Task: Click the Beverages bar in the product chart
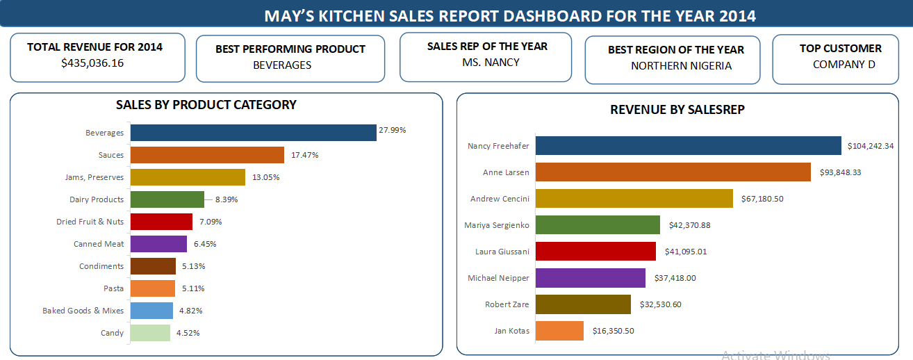pyautogui.click(x=253, y=133)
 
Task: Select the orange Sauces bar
pyautogui.click(x=207, y=155)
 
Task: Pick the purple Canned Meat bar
pyautogui.click(x=158, y=244)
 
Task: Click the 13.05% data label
pyautogui.click(x=265, y=177)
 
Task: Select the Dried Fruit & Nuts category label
pyautogui.click(x=90, y=222)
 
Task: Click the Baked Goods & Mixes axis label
pyautogui.click(x=83, y=311)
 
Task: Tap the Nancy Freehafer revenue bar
pyautogui.click(x=688, y=146)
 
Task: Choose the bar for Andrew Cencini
pyautogui.click(x=634, y=199)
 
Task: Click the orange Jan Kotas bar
pyautogui.click(x=559, y=331)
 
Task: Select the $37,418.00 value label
pyautogui.click(x=675, y=278)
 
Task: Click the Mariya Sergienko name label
pyautogui.click(x=497, y=225)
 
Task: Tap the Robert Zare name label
pyautogui.click(x=507, y=304)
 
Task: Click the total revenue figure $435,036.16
pyautogui.click(x=92, y=63)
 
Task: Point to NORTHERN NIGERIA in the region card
pyautogui.click(x=681, y=66)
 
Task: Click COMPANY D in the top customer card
pyautogui.click(x=844, y=64)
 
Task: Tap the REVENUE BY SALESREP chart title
pyautogui.click(x=677, y=110)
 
